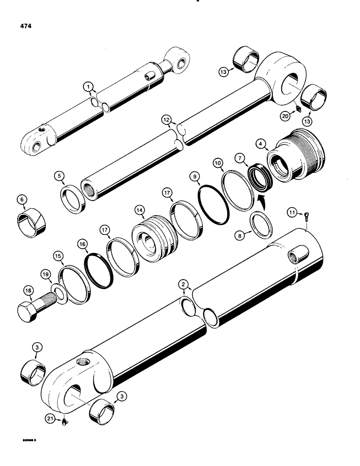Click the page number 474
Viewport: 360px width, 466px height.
pos(29,27)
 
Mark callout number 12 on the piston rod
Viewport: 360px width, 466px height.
pos(166,120)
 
